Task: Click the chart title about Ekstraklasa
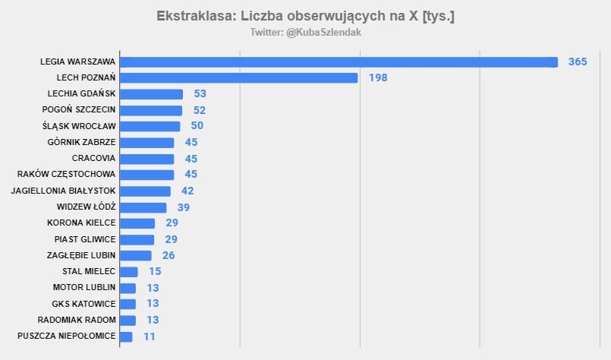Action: click(305, 15)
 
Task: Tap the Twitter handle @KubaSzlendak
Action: click(305, 33)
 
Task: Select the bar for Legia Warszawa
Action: click(339, 62)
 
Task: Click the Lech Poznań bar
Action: click(238, 77)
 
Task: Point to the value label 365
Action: click(578, 62)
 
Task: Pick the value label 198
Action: click(378, 77)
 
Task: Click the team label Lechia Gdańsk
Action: click(82, 93)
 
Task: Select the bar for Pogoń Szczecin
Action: click(151, 110)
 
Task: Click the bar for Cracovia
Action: click(147, 159)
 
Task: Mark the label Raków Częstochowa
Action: click(69, 175)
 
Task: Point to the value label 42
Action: click(187, 191)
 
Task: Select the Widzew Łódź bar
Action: click(143, 207)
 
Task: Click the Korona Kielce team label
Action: click(81, 223)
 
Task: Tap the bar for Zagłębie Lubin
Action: click(136, 255)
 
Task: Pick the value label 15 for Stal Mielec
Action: click(155, 271)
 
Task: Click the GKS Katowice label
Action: click(84, 304)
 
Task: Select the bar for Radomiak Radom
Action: click(128, 320)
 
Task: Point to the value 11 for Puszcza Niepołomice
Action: click(150, 336)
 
